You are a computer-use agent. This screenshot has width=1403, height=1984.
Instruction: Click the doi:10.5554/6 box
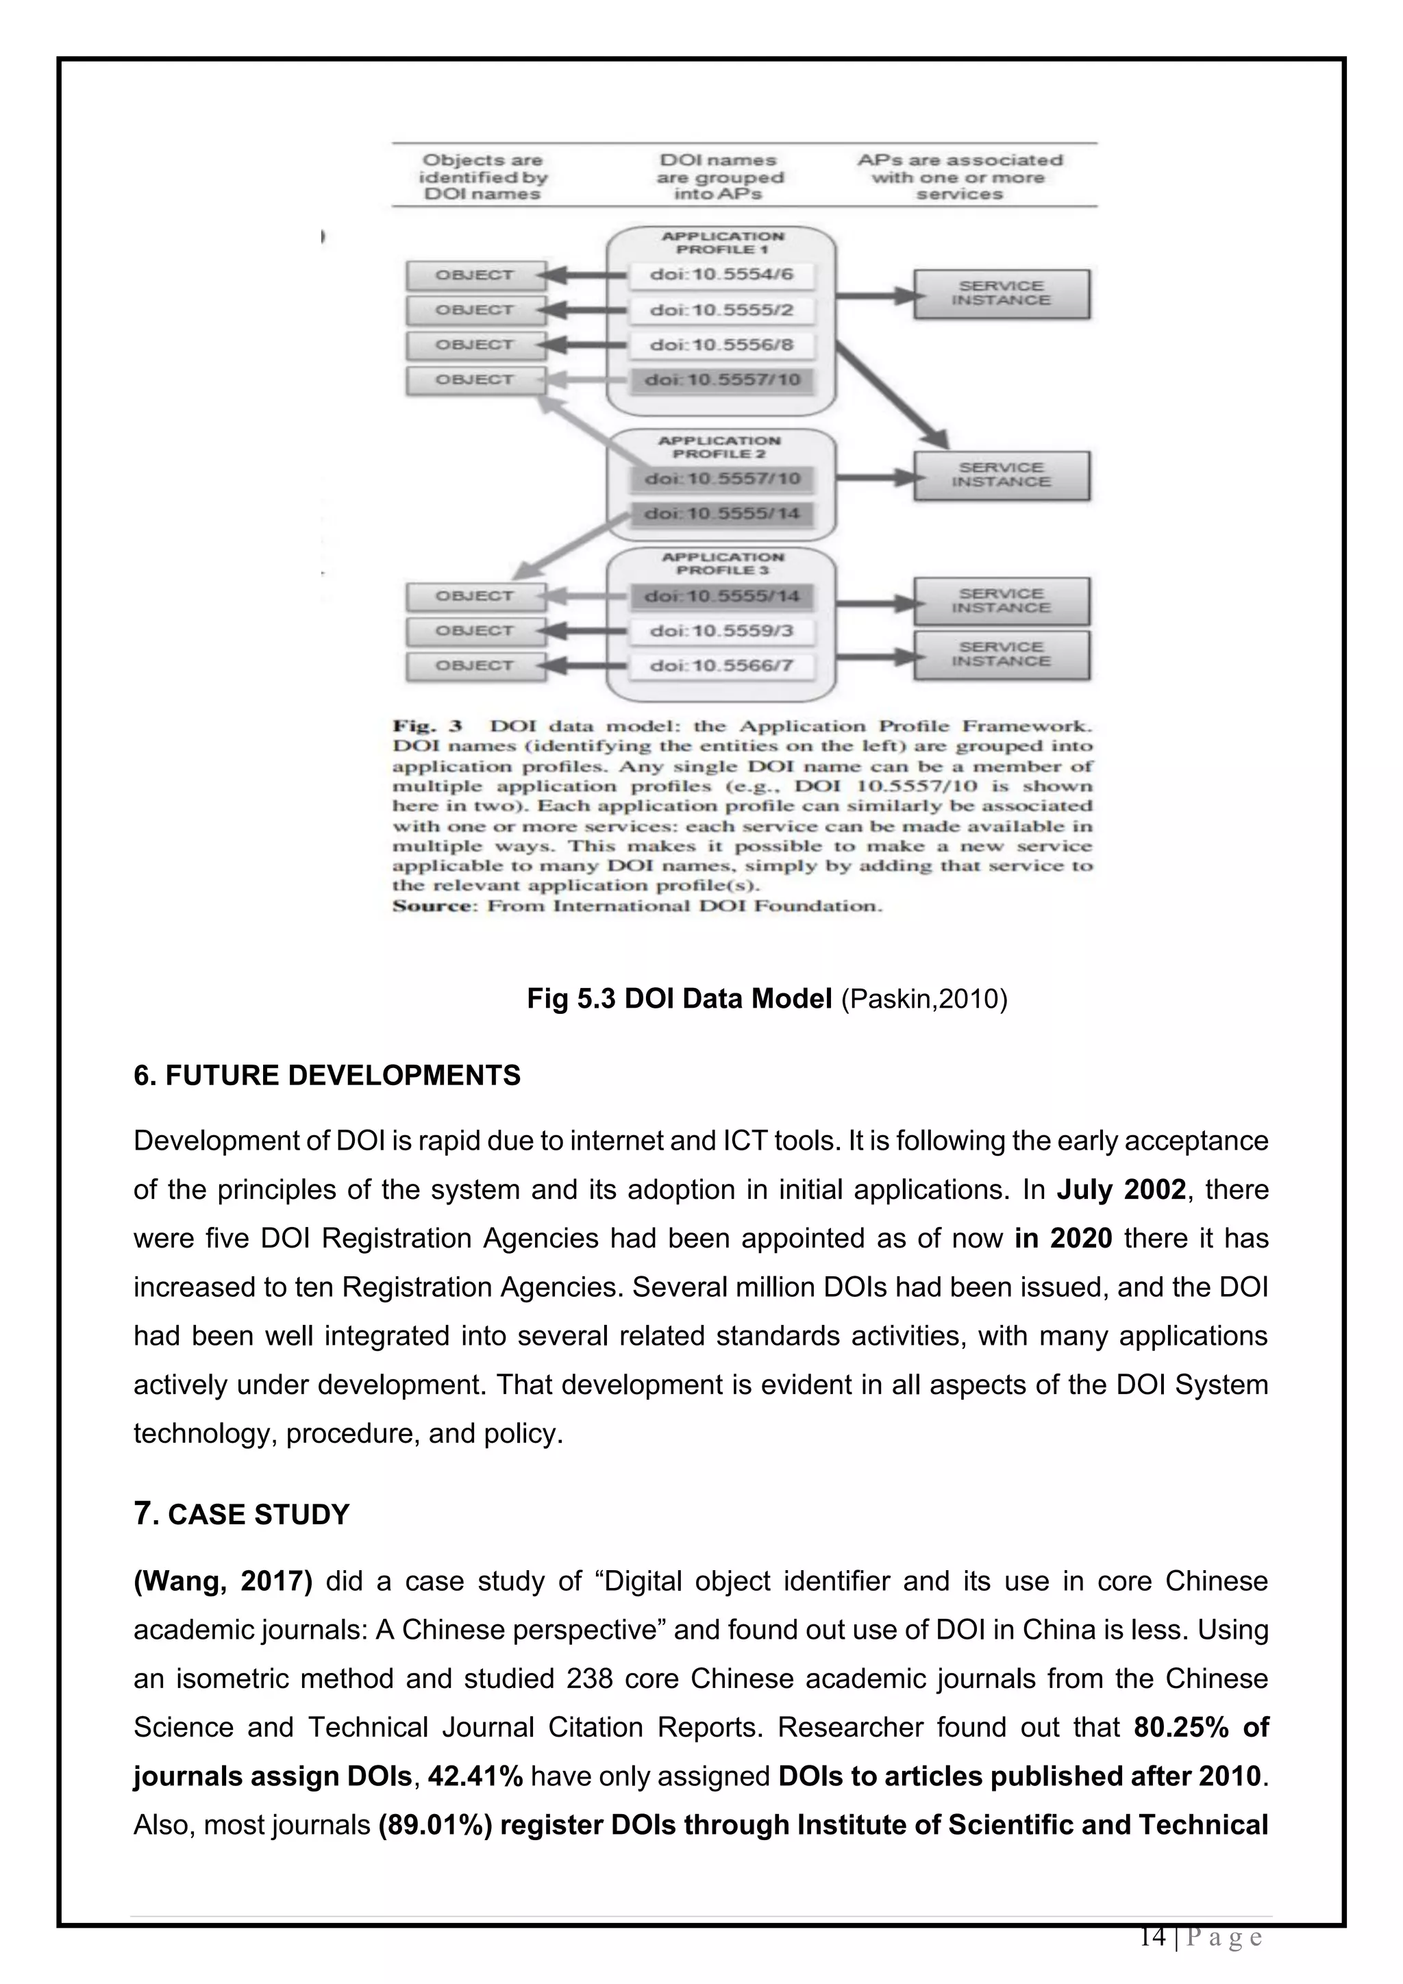click(721, 275)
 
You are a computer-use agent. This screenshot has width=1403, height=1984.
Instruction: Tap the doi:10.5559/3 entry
click(721, 631)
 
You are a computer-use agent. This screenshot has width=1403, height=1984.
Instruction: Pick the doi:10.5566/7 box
click(721, 666)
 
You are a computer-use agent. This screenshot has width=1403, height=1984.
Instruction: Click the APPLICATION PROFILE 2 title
click(719, 447)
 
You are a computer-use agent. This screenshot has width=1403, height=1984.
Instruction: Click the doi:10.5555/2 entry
click(721, 310)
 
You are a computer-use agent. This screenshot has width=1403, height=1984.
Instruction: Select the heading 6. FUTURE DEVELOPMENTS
click(327, 1076)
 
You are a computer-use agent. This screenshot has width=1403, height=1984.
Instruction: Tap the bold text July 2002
click(1121, 1190)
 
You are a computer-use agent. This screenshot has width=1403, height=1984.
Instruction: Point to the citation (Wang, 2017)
click(223, 1581)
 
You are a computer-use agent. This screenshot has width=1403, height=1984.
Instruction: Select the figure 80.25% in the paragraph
click(1181, 1727)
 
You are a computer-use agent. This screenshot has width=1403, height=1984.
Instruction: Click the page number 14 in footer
click(1152, 1937)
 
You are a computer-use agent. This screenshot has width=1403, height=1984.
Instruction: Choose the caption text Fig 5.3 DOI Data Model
click(679, 999)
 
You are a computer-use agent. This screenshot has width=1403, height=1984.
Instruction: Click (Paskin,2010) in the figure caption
click(923, 999)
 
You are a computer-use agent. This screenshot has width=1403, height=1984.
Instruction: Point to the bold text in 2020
click(1063, 1238)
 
